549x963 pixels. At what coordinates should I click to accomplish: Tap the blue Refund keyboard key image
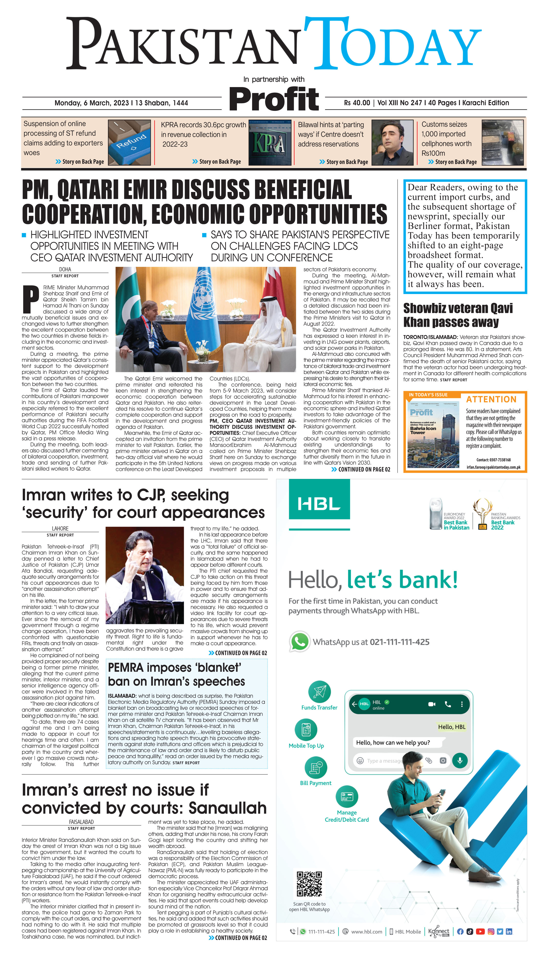point(129,142)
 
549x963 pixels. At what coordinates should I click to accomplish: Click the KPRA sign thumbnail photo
point(269,142)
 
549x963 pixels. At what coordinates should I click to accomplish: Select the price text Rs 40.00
point(357,103)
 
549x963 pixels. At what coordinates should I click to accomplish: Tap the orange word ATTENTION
point(491,399)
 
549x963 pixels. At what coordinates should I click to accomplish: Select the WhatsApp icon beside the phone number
point(299,641)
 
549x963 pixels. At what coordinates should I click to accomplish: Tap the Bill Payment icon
point(315,768)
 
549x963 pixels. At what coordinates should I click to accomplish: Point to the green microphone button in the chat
point(460,760)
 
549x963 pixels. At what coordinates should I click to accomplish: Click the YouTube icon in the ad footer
point(480,931)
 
